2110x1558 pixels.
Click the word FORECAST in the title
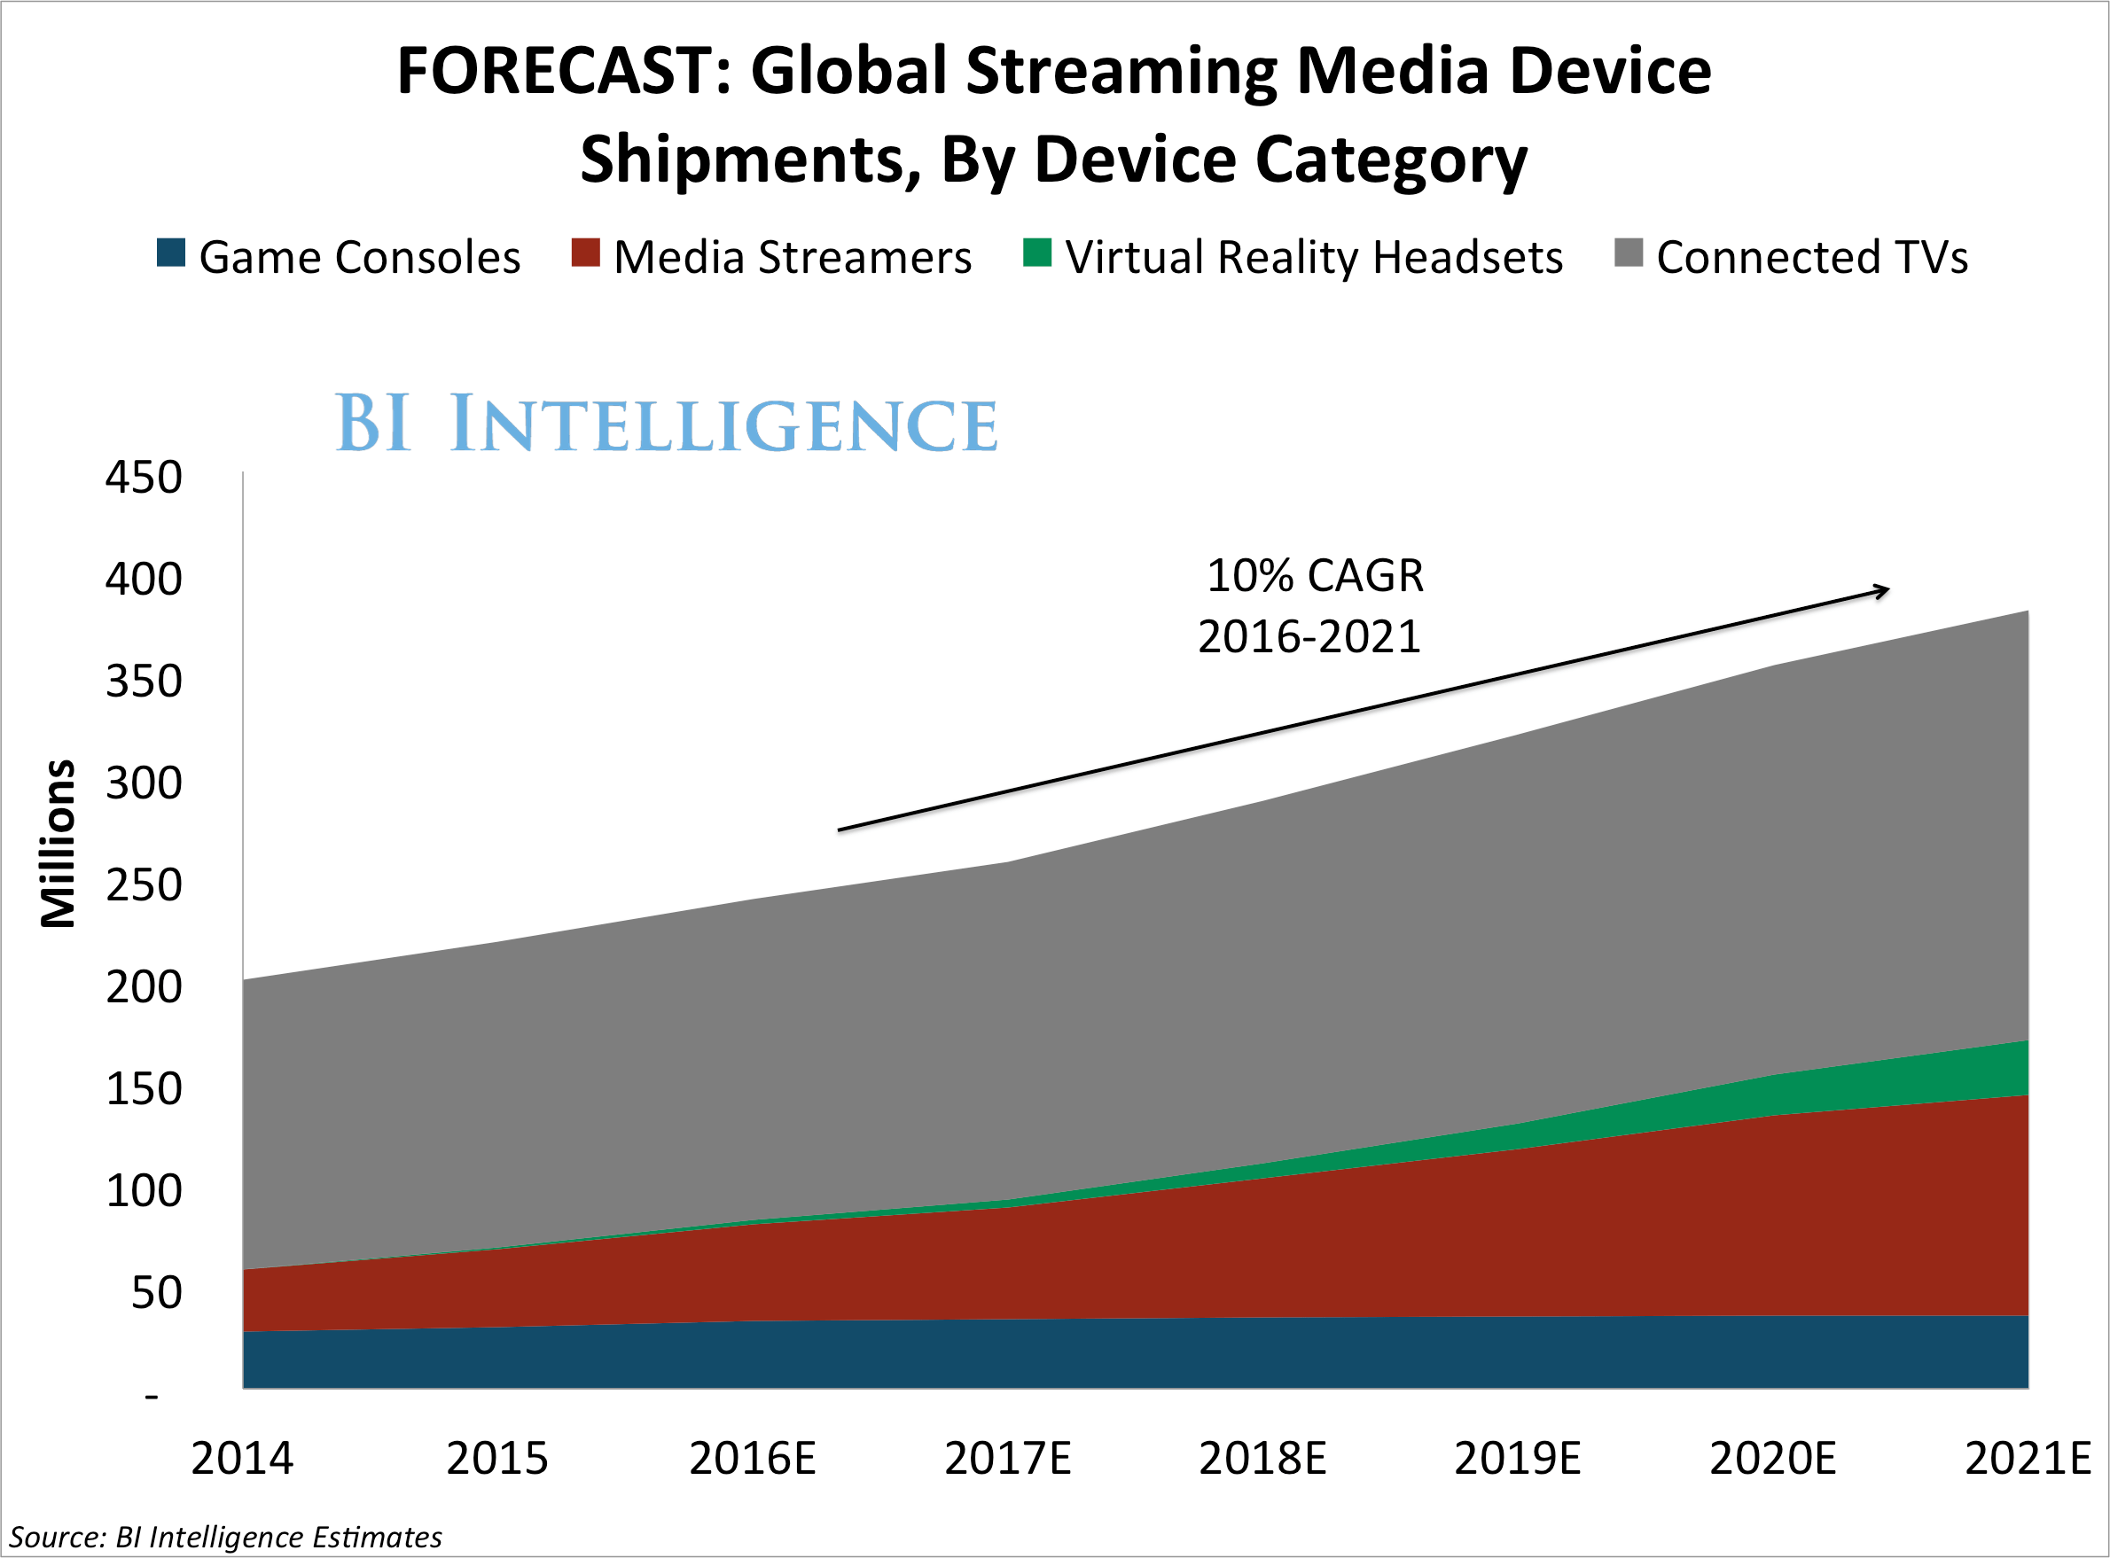pyautogui.click(x=563, y=72)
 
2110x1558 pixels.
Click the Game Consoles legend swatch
pyautogui.click(x=171, y=253)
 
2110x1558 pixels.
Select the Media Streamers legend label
pyautogui.click(x=792, y=258)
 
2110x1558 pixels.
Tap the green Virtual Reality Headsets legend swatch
pyautogui.click(x=1036, y=253)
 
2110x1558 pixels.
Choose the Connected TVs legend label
pyautogui.click(x=1811, y=258)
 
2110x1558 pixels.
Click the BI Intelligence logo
pyautogui.click(x=666, y=424)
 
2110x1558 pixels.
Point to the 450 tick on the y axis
pyautogui.click(x=144, y=477)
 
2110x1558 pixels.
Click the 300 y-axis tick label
pyautogui.click(x=144, y=783)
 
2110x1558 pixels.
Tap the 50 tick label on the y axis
pyautogui.click(x=156, y=1292)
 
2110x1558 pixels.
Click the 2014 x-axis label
pyautogui.click(x=242, y=1458)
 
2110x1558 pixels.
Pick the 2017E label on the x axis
pyautogui.click(x=1007, y=1458)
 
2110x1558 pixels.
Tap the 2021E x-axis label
pyautogui.click(x=2027, y=1458)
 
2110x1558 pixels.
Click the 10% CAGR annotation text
pyautogui.click(x=1315, y=575)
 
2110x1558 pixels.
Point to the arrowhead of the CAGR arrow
pyautogui.click(x=1885, y=590)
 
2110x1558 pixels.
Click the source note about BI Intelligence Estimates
pyautogui.click(x=225, y=1538)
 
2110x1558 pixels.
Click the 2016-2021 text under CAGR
pyautogui.click(x=1309, y=636)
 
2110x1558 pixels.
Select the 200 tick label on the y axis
pyautogui.click(x=144, y=987)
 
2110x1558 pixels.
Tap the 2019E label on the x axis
pyautogui.click(x=1517, y=1458)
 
